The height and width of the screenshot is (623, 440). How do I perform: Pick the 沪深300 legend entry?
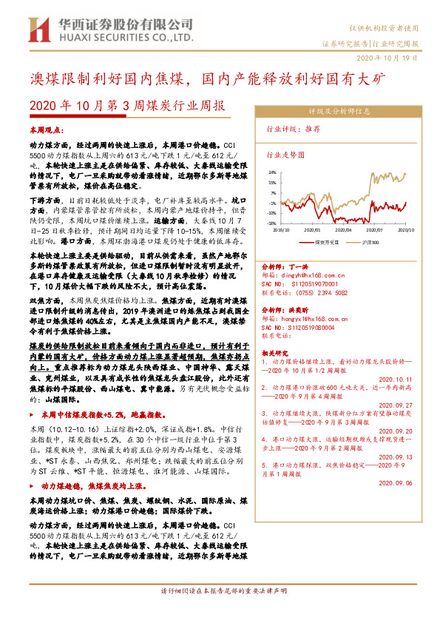pyautogui.click(x=370, y=242)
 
